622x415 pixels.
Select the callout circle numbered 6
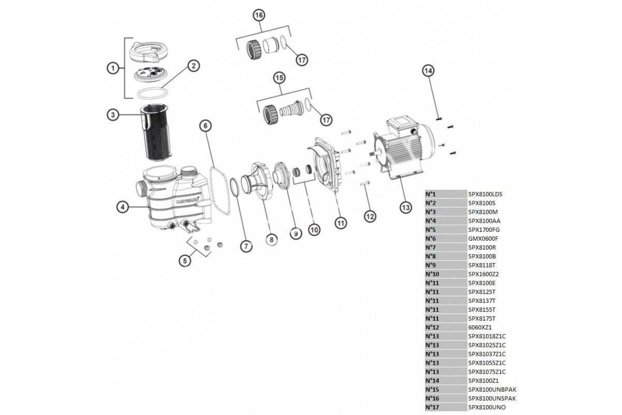click(x=205, y=125)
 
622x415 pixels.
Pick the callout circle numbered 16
click(x=259, y=16)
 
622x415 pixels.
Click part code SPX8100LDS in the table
click(x=485, y=195)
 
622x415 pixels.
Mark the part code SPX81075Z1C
click(x=487, y=371)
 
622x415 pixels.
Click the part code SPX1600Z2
click(x=483, y=274)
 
